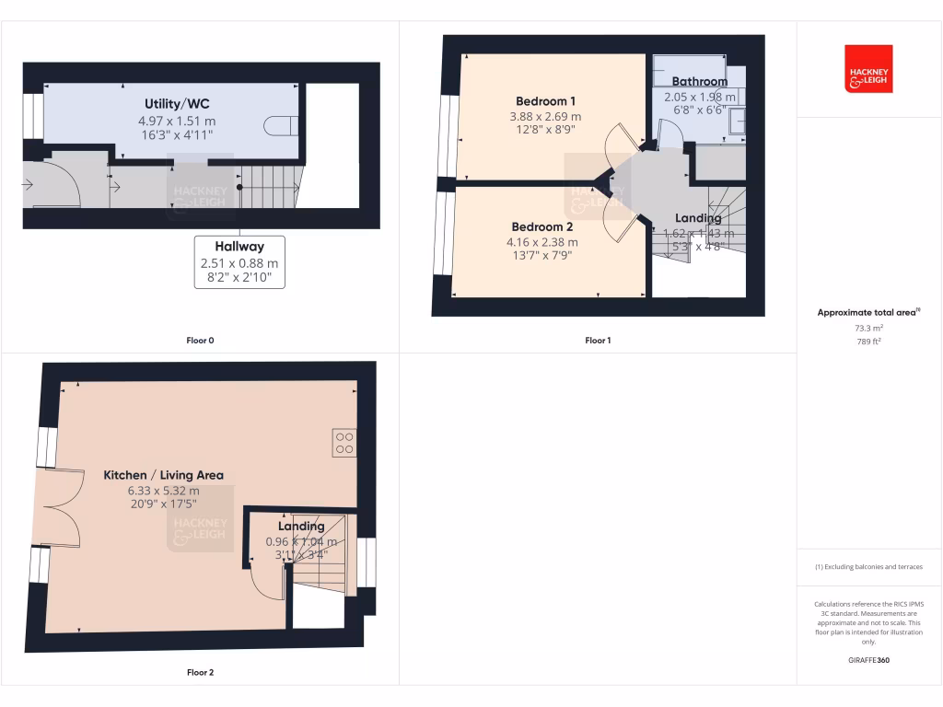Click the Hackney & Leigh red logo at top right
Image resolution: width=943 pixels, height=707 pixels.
pos(868,69)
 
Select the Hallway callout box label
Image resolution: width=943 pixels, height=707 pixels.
pos(239,247)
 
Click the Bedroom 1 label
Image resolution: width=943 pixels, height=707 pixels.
pos(546,101)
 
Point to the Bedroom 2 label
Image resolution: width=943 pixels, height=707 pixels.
pos(543,227)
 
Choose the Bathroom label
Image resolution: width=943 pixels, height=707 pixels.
pos(700,82)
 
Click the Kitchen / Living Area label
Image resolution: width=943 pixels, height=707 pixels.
pos(163,475)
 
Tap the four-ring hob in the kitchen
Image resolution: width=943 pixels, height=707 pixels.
pos(344,443)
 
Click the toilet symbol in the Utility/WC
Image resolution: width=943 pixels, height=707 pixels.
pos(280,127)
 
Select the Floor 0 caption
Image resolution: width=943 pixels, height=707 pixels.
pos(200,341)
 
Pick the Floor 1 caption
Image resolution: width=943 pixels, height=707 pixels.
pos(598,341)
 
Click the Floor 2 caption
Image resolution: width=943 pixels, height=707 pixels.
pos(200,673)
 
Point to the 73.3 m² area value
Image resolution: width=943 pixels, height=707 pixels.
pos(869,328)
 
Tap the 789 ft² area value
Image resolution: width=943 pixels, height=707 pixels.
pos(869,342)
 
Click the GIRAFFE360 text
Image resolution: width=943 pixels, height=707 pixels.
pos(869,660)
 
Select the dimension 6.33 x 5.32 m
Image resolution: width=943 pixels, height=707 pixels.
pos(163,491)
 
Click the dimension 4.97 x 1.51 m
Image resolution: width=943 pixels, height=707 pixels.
pos(178,121)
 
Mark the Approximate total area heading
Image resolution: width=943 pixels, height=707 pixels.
pos(867,313)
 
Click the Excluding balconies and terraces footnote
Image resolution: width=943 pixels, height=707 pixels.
pos(869,567)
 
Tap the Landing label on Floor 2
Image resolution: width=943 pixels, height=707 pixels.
pos(301,527)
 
